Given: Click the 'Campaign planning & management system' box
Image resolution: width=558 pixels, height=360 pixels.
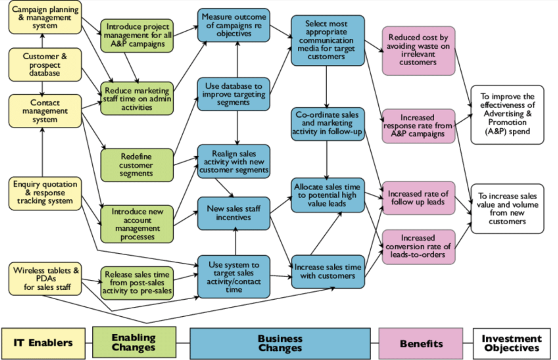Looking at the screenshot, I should (x=45, y=17).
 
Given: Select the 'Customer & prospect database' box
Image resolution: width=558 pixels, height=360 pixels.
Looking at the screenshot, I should (x=45, y=65).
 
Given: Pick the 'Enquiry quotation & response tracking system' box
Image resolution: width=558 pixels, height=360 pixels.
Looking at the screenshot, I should (x=45, y=193).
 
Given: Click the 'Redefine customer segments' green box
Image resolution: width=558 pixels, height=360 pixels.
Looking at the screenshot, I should (x=136, y=165).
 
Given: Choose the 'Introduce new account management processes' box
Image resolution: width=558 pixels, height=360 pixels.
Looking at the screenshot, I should (x=137, y=224).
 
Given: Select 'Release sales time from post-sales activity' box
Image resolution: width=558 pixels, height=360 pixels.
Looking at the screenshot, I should (x=137, y=283).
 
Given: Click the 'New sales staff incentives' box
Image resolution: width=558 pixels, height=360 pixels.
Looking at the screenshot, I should (x=234, y=213).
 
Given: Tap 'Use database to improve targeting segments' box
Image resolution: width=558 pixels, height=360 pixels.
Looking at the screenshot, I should (x=234, y=94).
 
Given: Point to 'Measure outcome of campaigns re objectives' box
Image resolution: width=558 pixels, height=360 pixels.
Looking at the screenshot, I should (x=234, y=25).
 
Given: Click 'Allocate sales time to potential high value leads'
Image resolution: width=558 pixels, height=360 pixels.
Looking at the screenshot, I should (x=327, y=195).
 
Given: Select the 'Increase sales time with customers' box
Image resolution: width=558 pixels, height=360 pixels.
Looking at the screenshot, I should (x=328, y=272).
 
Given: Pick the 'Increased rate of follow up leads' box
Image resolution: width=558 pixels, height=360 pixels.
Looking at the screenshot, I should (x=418, y=198).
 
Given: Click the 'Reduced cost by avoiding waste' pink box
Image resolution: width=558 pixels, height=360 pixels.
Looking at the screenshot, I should (x=418, y=50).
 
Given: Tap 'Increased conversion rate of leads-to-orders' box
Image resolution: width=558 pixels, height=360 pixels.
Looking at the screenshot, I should (x=418, y=246).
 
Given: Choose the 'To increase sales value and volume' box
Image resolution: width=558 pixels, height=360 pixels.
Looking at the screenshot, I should (x=507, y=208).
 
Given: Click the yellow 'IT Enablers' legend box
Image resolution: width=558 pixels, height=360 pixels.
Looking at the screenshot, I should (x=43, y=343).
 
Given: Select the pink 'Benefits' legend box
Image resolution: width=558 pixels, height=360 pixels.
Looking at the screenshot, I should (x=421, y=344).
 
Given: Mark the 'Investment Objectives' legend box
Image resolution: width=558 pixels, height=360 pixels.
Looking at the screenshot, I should (x=511, y=343).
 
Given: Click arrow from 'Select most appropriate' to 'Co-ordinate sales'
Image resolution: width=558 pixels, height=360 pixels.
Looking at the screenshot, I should (x=326, y=87).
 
